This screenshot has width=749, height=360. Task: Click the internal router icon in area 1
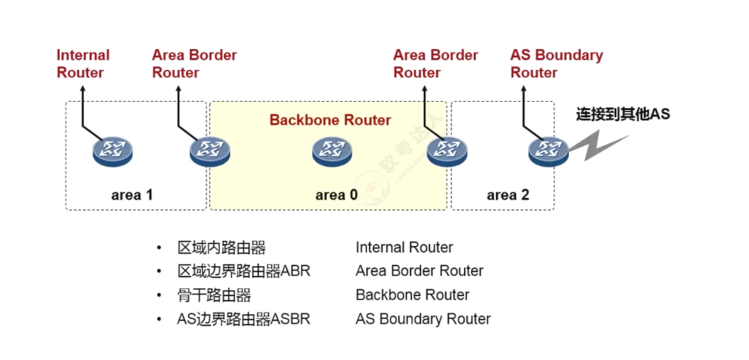(112, 151)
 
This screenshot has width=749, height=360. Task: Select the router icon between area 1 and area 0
(209, 151)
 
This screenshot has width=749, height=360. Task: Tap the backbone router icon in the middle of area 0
(332, 151)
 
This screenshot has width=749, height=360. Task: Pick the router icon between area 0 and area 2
(446, 151)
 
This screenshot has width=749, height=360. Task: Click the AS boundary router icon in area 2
(547, 151)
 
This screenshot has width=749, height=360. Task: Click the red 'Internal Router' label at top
(82, 64)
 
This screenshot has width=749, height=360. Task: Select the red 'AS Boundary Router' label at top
(556, 64)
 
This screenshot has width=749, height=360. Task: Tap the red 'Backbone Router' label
(330, 120)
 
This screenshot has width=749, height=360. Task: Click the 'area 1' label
(132, 195)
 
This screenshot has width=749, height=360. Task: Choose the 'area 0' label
(336, 195)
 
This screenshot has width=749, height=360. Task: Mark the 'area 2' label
(507, 195)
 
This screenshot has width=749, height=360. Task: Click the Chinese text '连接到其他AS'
(622, 114)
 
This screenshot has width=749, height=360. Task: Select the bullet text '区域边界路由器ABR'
(244, 271)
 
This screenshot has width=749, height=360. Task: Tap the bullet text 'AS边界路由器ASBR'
(244, 319)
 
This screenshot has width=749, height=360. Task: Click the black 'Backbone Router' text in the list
(412, 295)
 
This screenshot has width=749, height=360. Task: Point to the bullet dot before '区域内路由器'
(159, 248)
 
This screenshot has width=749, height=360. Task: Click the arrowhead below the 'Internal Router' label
(83, 89)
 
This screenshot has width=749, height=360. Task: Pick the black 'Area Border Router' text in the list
(419, 271)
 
